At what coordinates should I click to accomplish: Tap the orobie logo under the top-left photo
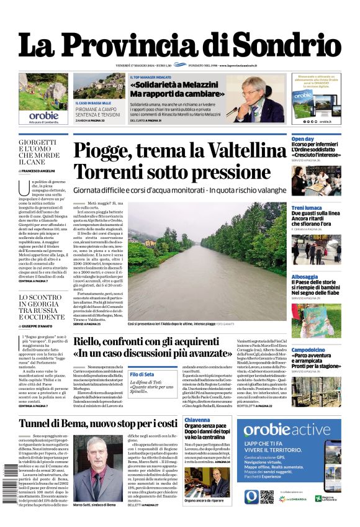coord(43,115)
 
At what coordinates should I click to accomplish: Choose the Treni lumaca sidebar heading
coord(307,208)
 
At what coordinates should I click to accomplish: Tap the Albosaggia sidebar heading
coord(305,277)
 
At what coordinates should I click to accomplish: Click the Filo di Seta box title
coord(142,374)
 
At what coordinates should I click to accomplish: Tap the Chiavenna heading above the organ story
coord(197,420)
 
